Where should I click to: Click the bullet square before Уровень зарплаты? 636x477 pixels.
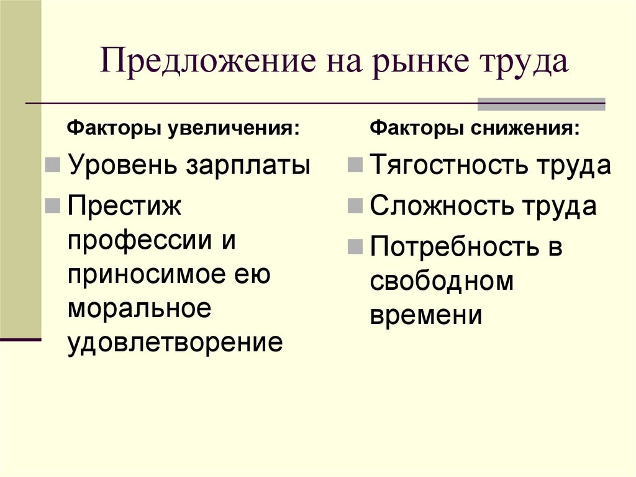coord(53,166)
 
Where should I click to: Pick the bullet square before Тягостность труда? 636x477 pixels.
coord(355,166)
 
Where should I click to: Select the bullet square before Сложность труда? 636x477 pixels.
coord(355,206)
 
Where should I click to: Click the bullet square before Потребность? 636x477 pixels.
coord(355,246)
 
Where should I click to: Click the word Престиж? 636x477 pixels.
coord(125,206)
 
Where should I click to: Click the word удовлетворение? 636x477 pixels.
coord(175,343)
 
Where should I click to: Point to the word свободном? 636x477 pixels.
coord(442,281)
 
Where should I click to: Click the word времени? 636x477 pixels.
coord(426,315)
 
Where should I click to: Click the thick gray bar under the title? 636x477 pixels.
coord(540,104)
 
